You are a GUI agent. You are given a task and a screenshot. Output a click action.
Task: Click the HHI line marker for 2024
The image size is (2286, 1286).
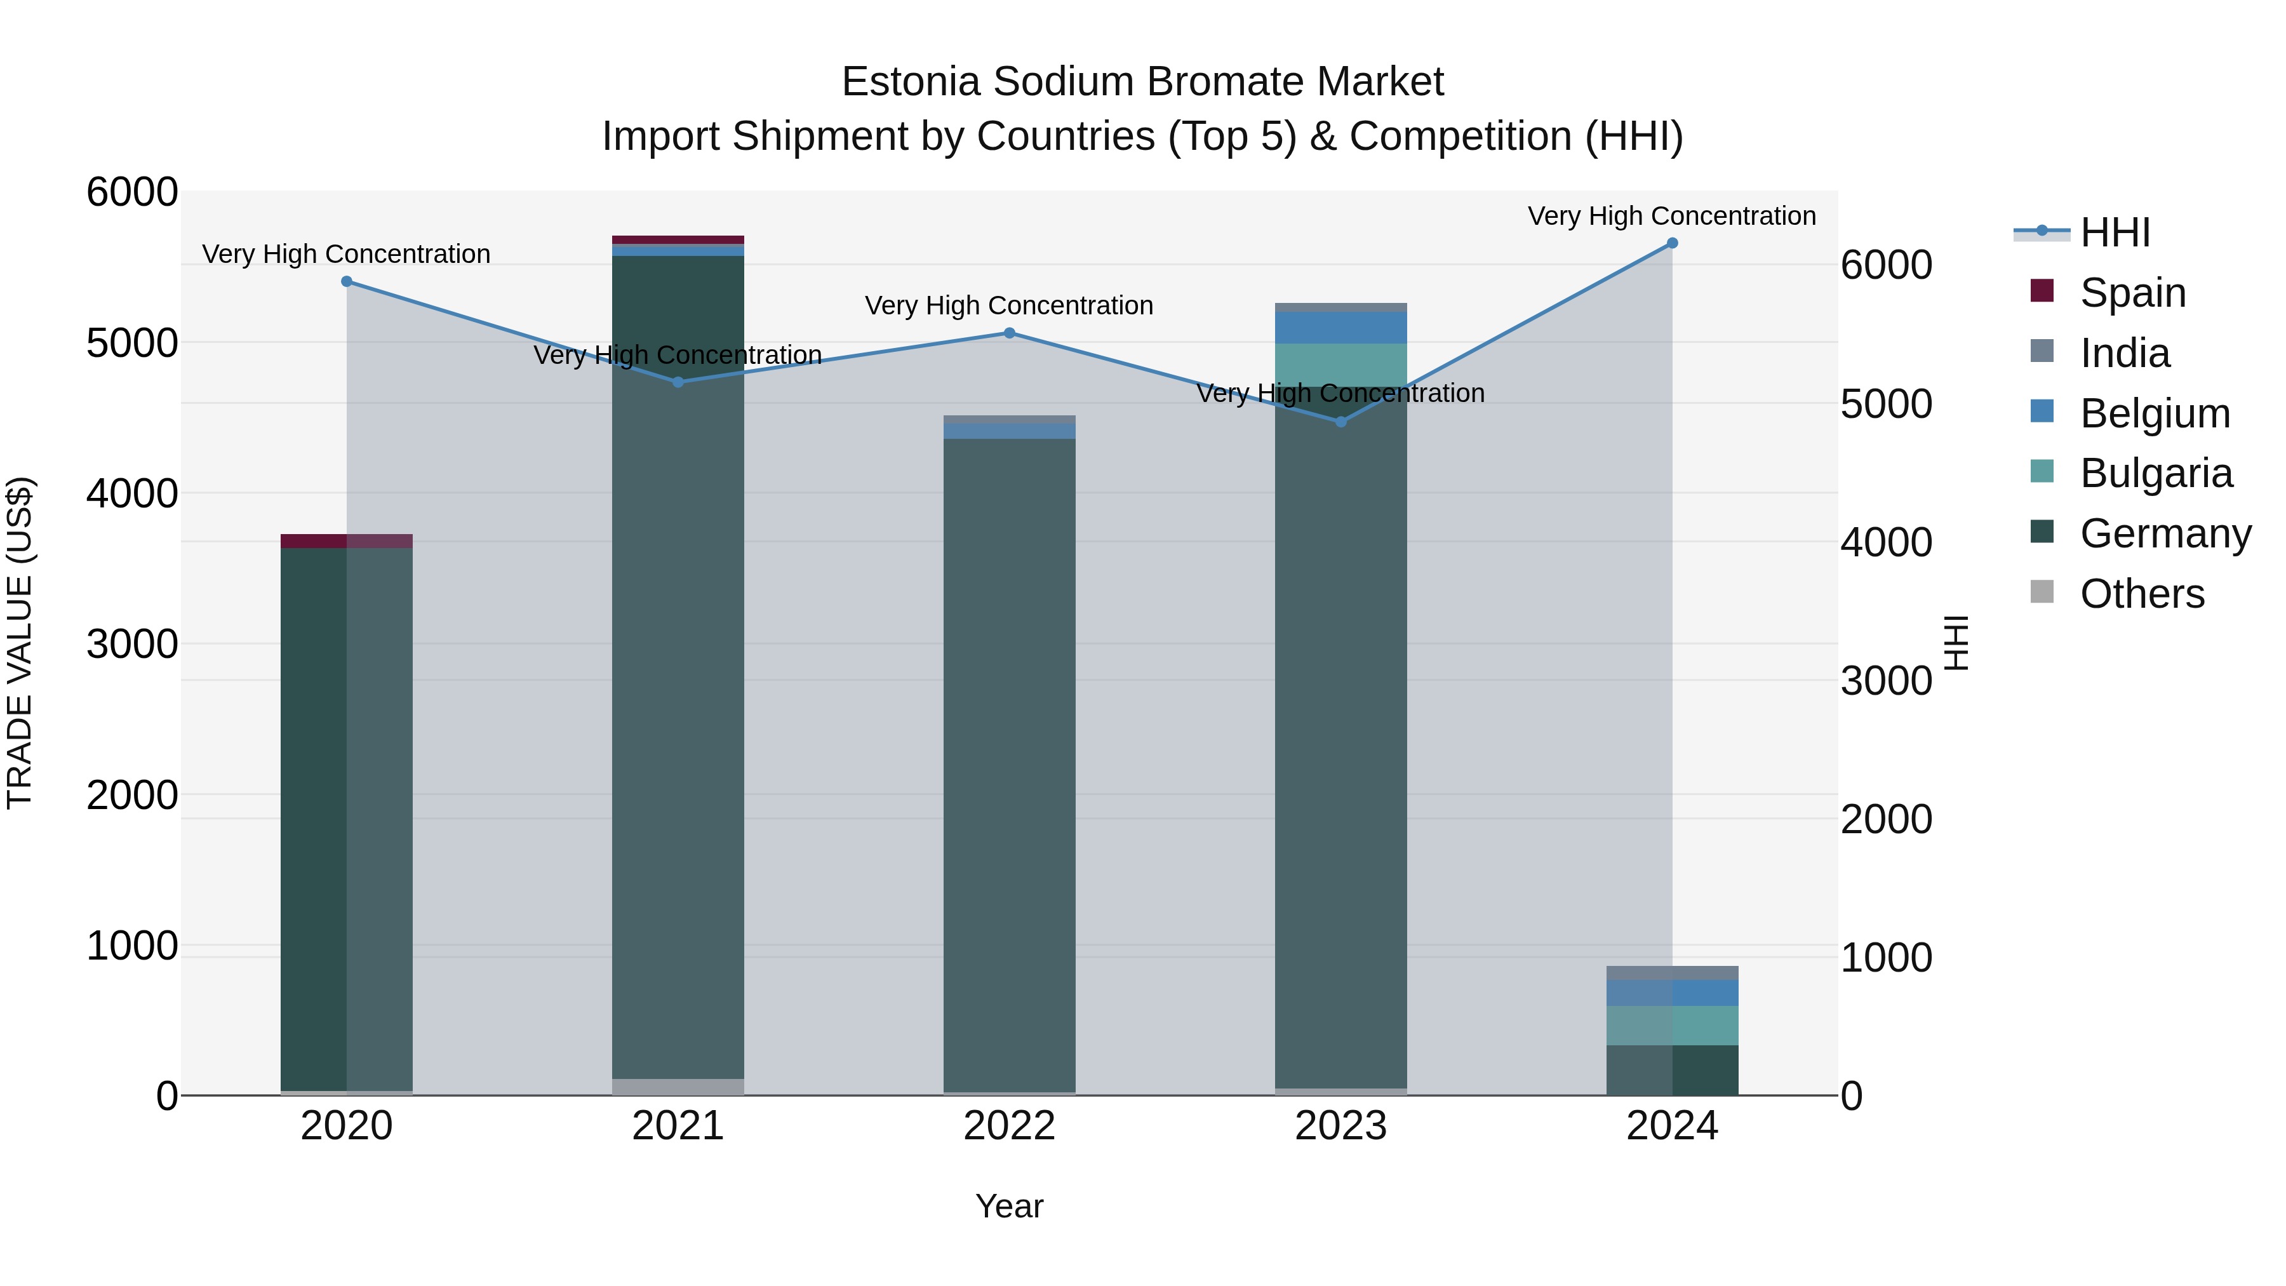1672,243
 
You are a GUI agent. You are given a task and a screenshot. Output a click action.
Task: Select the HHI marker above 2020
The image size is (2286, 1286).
347,281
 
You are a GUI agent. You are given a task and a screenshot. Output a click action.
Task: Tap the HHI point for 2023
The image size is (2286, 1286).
1341,422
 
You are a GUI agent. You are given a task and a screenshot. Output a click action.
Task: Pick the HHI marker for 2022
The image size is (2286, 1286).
1009,333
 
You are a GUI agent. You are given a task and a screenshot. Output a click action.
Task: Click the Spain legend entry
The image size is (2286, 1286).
2132,293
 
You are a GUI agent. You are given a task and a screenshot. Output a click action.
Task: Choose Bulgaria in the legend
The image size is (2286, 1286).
2156,473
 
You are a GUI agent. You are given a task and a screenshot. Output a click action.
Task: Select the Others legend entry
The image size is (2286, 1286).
2141,594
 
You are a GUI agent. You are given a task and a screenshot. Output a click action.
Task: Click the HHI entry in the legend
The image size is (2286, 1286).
2115,232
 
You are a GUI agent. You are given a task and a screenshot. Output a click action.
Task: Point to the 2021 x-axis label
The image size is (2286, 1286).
678,1126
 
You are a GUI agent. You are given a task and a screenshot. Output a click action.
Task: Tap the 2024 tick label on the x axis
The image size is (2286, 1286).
1672,1126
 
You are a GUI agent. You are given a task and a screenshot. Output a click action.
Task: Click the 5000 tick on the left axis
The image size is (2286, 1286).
132,342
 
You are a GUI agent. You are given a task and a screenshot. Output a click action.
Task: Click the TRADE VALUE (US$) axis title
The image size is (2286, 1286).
20,643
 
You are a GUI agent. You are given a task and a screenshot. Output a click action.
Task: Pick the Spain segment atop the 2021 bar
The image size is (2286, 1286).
678,239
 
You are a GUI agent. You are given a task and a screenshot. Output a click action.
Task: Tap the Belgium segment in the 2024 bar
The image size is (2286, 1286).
1672,993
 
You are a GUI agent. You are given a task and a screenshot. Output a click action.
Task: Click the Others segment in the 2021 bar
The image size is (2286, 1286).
678,1087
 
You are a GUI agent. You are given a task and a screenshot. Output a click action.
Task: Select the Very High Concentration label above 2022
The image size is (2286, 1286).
1009,305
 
